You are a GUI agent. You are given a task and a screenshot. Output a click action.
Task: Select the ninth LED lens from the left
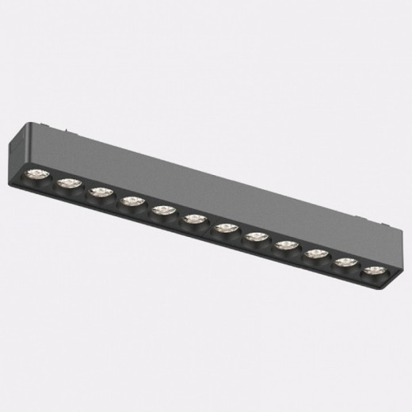click(285, 246)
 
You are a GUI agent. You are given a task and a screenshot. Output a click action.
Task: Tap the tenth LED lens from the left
click(315, 255)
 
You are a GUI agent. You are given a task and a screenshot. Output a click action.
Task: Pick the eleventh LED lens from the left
click(345, 263)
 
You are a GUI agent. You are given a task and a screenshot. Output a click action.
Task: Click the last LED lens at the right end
click(372, 271)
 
